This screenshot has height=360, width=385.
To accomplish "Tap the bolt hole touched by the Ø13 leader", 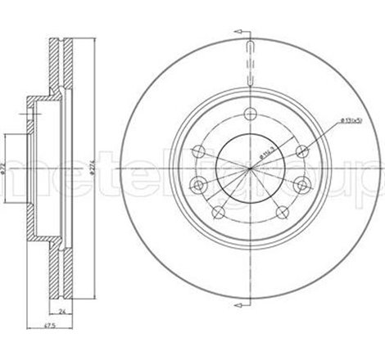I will (302, 149).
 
